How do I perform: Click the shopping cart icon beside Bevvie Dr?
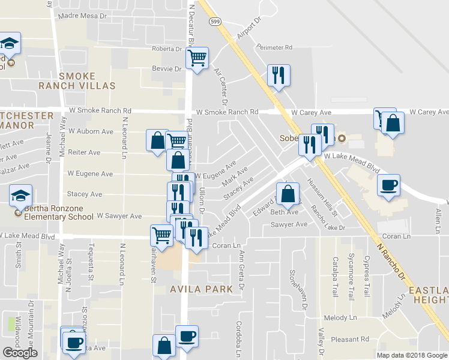click(197, 58)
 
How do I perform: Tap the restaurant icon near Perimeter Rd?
click(279, 75)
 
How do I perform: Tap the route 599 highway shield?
click(214, 22)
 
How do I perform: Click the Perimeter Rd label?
click(274, 47)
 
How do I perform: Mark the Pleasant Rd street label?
click(353, 340)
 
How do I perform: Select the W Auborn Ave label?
click(91, 131)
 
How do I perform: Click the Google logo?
click(20, 353)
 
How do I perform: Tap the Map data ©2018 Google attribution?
click(412, 355)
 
